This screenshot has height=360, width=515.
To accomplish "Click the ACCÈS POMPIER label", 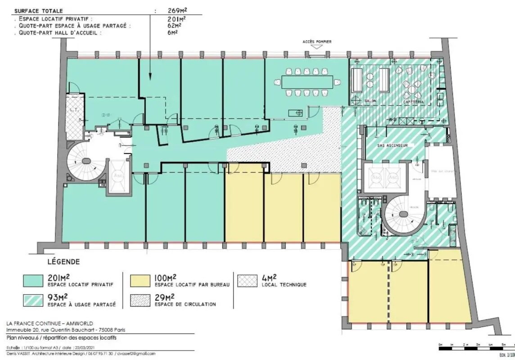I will coord(317,42).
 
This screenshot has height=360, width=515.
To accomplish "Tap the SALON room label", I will coord(370,101).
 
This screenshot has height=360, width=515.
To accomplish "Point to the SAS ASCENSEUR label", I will coord(393,146).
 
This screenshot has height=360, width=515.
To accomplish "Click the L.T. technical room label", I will coord(74,110).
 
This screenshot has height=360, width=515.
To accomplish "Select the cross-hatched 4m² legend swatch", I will coord(247,280).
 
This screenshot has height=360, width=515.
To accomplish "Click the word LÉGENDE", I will coord(63,262).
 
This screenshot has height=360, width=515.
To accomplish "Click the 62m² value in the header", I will coord(173,26).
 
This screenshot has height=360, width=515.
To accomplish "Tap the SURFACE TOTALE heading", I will coord(39,10).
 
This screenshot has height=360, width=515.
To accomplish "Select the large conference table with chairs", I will coord(308,82).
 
